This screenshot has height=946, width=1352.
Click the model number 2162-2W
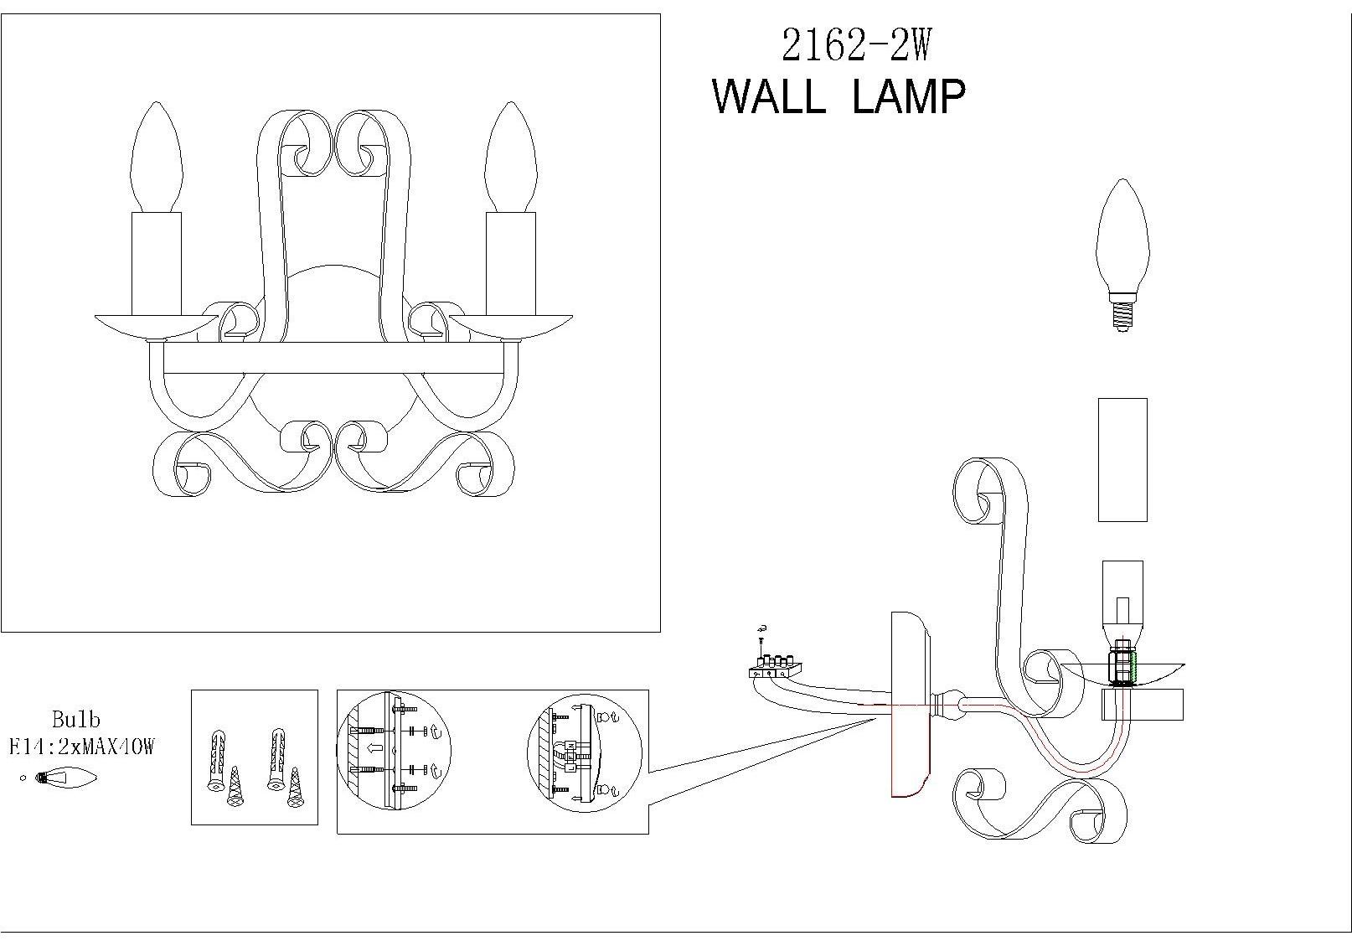(855, 45)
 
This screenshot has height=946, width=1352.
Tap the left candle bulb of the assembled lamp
(156, 159)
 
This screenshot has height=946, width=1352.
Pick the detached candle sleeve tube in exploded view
(1122, 459)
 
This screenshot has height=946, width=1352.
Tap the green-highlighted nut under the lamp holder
(1123, 667)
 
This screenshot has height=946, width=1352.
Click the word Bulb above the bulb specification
(75, 719)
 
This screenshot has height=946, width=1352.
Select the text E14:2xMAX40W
(81, 747)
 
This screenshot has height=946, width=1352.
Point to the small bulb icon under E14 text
(65, 778)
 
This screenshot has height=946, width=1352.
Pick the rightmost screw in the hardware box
(295, 788)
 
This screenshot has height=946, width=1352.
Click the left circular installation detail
(394, 752)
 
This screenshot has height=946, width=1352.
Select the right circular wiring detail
(584, 752)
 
